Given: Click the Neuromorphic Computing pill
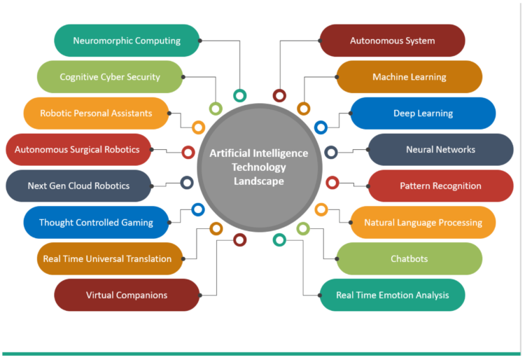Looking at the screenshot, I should point(127,41).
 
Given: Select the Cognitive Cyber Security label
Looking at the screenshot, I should point(110,77).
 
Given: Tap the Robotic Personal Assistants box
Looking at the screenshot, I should point(96,113).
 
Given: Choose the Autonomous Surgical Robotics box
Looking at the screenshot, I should point(78,149).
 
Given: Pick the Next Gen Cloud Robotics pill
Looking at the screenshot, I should point(78,186).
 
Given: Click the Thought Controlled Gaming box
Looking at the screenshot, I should point(96,223).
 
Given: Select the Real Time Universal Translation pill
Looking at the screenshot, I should point(108,258).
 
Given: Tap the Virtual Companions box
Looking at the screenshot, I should point(127,295).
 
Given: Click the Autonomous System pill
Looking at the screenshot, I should point(393,41).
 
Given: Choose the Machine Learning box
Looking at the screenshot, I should point(409,77).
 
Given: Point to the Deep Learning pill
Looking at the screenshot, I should point(423,113).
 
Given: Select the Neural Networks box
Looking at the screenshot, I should point(440,149).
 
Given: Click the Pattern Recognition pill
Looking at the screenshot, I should point(440,186).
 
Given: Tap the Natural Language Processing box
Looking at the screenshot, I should point(423,223).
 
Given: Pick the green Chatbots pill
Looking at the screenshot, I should point(409,258).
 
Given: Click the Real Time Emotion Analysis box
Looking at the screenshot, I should point(393,295).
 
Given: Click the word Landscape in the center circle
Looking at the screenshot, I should point(259,180).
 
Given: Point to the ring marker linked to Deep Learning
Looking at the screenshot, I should point(321,127).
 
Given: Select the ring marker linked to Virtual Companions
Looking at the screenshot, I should point(240,240).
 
